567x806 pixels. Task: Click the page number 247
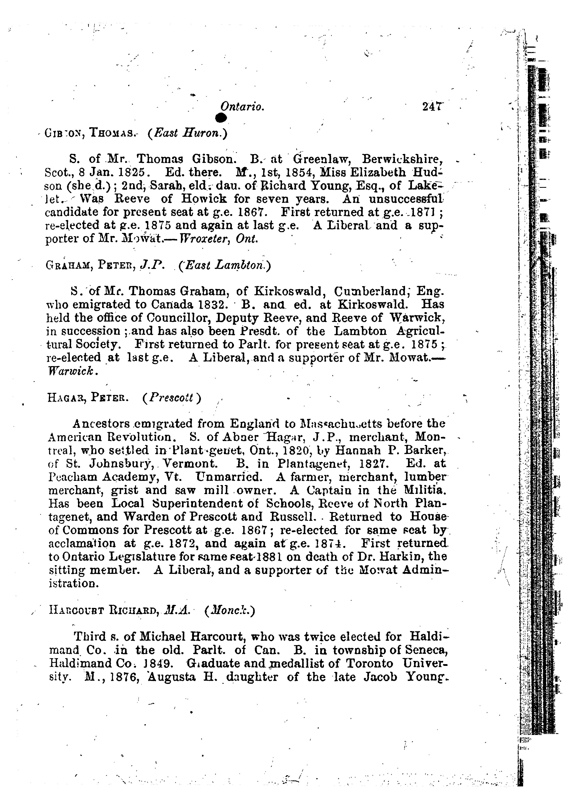(433, 106)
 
